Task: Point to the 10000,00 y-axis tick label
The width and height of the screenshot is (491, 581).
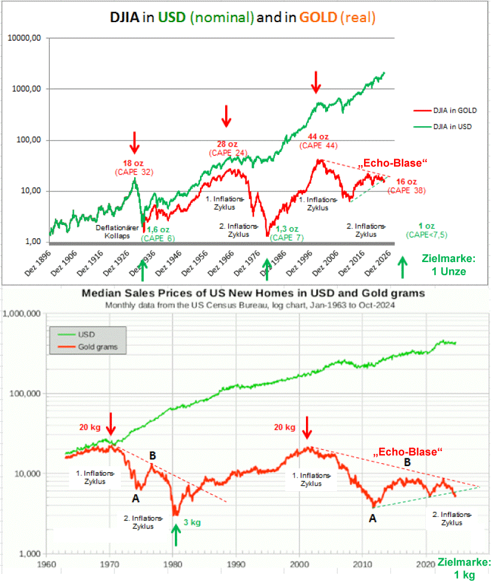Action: (x=25, y=38)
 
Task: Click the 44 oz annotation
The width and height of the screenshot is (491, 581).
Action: (x=319, y=136)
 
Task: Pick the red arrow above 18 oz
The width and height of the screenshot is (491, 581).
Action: (x=135, y=142)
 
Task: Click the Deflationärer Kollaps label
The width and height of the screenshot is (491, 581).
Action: (x=115, y=232)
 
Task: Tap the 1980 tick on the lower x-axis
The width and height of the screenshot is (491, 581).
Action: (x=172, y=564)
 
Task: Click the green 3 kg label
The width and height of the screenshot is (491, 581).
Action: (x=192, y=522)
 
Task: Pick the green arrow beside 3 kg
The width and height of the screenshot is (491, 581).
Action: (x=175, y=534)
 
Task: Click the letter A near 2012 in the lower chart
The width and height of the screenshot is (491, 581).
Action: (x=372, y=519)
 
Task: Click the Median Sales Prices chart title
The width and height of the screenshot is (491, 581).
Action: (x=253, y=293)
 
